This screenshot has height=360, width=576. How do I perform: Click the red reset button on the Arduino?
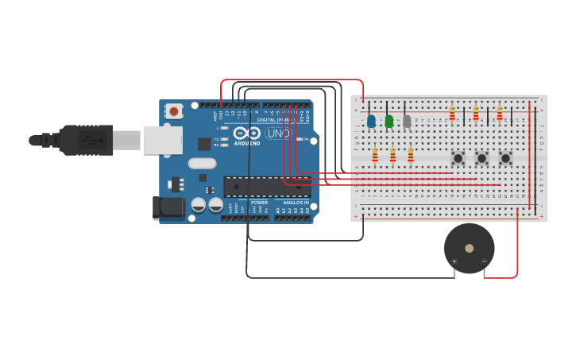pyautogui.click(x=174, y=111)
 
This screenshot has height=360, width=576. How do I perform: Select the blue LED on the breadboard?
pyautogui.click(x=371, y=121)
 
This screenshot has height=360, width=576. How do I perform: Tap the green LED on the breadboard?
pyautogui.click(x=389, y=121)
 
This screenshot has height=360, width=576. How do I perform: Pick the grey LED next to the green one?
pyautogui.click(x=407, y=121)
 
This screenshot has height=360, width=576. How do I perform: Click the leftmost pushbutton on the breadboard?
pyautogui.click(x=458, y=158)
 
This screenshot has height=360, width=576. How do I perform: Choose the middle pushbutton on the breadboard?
pyautogui.click(x=481, y=158)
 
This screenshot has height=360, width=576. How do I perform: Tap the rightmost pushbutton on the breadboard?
pyautogui.click(x=505, y=158)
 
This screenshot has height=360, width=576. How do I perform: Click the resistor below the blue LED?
pyautogui.click(x=375, y=154)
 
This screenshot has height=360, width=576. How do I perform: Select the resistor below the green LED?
pyautogui.click(x=392, y=154)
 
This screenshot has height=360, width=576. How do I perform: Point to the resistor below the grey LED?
pyautogui.click(x=411, y=154)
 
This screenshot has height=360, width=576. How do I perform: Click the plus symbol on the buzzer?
pyautogui.click(x=454, y=261)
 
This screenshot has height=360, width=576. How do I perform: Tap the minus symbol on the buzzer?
pyautogui.click(x=483, y=261)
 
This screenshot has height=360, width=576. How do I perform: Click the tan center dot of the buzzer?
pyautogui.click(x=469, y=248)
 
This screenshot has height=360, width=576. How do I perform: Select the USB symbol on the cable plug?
pyautogui.click(x=91, y=140)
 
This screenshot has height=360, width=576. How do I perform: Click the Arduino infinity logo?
pyautogui.click(x=248, y=134)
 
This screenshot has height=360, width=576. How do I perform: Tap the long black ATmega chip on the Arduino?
pyautogui.click(x=266, y=187)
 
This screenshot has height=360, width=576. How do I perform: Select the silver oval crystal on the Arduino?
pyautogui.click(x=202, y=164)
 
